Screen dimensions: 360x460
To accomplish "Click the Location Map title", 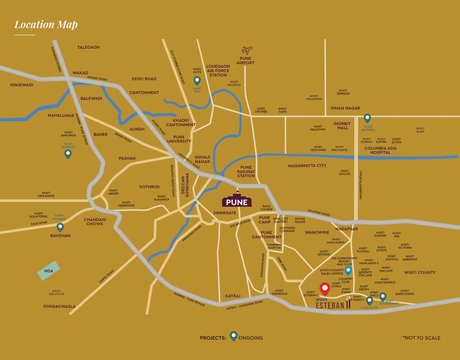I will point(46,25).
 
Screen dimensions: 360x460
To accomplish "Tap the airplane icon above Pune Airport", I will point(246,50).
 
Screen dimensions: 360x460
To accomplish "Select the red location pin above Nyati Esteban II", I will point(325,289).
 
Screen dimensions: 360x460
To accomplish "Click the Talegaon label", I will point(88,47).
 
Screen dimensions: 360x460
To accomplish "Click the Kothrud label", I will point(149,186).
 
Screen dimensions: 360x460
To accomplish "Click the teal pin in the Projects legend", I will point(233,336).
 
